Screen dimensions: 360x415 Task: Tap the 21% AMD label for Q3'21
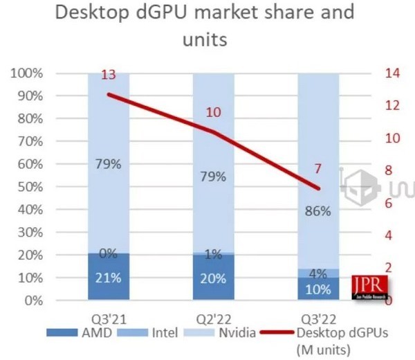(109, 278)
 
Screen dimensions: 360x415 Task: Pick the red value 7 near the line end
(317, 169)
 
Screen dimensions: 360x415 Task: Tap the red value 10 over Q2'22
(214, 112)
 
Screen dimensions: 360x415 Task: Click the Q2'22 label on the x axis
(213, 320)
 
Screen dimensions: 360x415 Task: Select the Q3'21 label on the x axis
(109, 320)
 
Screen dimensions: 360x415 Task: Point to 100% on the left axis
(28, 73)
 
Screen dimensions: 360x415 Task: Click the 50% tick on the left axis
(30, 188)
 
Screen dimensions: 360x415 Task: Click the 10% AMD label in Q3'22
(319, 289)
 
